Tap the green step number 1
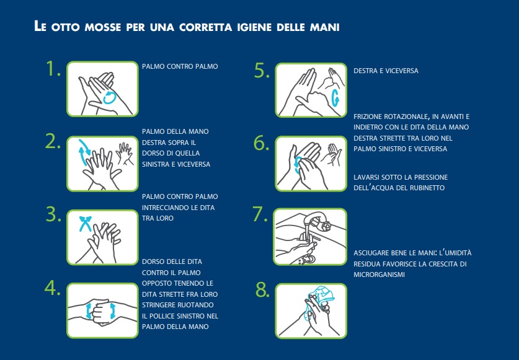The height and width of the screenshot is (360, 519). click(53, 69)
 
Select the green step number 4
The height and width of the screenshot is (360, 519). click(52, 288)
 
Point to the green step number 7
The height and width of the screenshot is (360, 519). click(260, 214)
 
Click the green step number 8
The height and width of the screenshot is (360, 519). click(262, 290)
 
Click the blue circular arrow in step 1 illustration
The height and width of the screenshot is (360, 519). click(110, 98)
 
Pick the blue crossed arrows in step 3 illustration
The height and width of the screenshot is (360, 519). click(85, 224)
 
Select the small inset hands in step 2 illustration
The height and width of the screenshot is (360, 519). click(125, 153)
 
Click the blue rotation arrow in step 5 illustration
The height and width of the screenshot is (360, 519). click(335, 98)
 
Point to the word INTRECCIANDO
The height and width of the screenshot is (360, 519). click(162, 208)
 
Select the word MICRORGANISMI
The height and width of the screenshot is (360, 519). click(379, 274)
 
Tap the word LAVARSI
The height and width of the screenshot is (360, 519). click(366, 177)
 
